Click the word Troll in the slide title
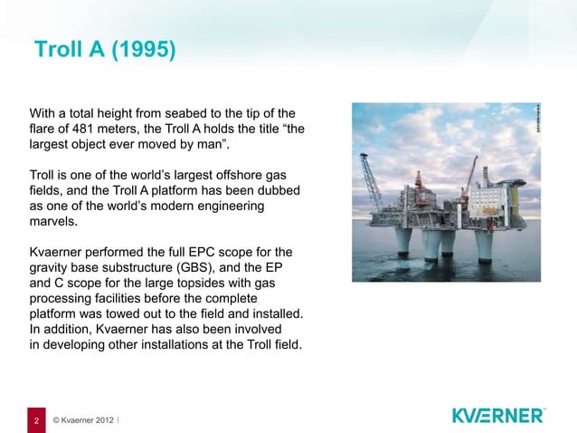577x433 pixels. coord(58,49)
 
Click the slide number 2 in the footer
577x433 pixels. coord(36,420)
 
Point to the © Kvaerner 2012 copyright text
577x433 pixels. coord(83,420)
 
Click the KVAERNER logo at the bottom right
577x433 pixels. coord(498,416)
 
